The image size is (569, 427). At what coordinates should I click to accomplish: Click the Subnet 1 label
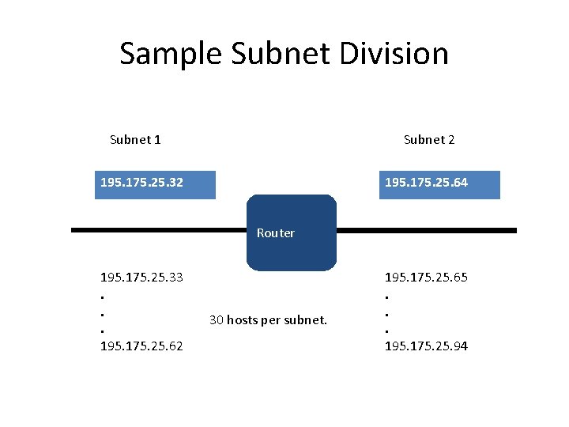(135, 140)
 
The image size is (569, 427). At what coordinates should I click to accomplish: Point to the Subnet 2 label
(429, 140)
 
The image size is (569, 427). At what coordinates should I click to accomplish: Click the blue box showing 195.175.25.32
(155, 183)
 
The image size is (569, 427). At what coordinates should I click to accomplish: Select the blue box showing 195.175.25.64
(439, 183)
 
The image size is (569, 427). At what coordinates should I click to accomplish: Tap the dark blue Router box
(292, 233)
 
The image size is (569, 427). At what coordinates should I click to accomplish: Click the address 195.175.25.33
(141, 278)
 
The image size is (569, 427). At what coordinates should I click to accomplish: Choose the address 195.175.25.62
(141, 346)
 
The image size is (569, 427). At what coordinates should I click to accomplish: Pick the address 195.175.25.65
(426, 278)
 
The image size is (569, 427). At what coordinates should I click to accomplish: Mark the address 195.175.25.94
(426, 346)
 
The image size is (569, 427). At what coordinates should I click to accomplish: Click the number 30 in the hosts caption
(216, 320)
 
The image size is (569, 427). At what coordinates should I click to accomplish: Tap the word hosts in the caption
(242, 320)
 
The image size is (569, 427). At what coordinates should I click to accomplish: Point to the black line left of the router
(158, 230)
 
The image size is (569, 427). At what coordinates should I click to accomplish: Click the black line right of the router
(427, 230)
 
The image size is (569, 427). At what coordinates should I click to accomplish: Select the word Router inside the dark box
(276, 233)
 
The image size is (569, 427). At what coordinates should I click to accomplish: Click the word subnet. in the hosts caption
(306, 320)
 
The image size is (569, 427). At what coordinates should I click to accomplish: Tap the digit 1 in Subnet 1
(157, 140)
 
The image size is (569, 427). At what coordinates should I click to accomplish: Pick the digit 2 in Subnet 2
(451, 140)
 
